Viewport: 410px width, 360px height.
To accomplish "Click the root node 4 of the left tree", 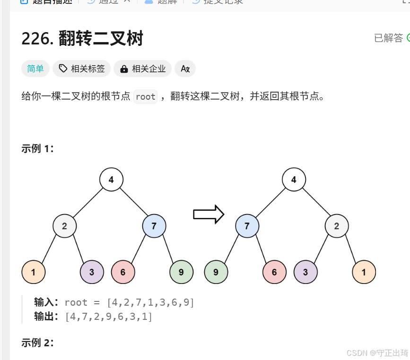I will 111,180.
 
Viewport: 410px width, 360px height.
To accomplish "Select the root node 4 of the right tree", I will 294,180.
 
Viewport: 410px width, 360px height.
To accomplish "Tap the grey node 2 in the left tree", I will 64,226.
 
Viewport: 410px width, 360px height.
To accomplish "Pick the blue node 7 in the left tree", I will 154,226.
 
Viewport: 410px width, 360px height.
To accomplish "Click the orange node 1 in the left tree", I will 33,272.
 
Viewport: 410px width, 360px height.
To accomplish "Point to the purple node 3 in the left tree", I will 91,272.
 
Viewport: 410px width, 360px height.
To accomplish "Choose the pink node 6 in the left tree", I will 123,272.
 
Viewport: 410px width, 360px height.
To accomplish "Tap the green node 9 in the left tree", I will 181,272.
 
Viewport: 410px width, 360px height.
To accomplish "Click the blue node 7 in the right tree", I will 247,226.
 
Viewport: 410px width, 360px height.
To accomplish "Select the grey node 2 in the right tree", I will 337,226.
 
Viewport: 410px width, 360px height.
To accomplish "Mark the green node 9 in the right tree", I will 216,272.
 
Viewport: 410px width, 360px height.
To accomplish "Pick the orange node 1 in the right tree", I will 364,272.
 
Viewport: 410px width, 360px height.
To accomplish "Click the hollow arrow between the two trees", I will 208,214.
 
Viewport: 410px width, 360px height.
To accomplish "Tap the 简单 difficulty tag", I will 35,69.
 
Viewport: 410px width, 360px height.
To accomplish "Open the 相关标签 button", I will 82,69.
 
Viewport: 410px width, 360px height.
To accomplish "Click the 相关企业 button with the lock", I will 143,69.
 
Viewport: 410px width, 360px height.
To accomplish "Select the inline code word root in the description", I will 145,96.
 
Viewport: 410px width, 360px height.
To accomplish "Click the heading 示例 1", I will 38,149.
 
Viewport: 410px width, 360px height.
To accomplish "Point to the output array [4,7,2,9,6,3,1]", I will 109,317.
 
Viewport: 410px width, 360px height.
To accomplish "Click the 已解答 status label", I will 389,38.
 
